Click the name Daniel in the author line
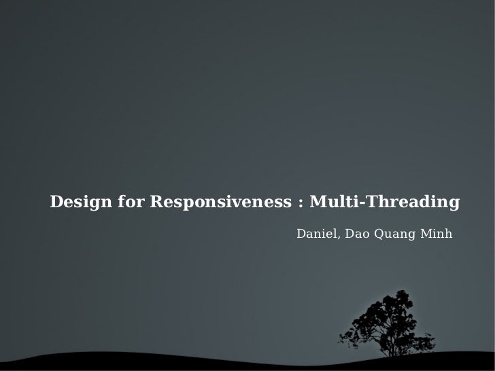[x=317, y=234]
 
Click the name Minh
[x=437, y=234]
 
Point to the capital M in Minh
[x=426, y=234]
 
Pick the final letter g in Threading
[x=454, y=205]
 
